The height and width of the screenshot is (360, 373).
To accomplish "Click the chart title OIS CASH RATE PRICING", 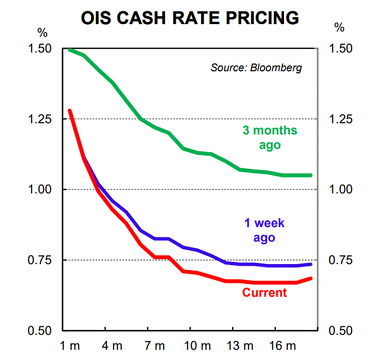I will (x=190, y=17).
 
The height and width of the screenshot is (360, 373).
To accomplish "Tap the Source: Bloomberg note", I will (x=256, y=68).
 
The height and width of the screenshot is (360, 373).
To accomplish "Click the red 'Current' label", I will (x=265, y=292).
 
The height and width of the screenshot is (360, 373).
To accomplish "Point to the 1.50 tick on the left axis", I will (x=39, y=49).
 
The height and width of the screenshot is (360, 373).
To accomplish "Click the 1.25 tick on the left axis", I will (x=39, y=119).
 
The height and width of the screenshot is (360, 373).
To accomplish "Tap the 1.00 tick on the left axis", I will (x=39, y=190).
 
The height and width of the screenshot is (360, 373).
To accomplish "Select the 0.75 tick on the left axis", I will (x=39, y=260).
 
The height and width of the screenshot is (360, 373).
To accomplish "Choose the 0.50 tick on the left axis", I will (x=39, y=331).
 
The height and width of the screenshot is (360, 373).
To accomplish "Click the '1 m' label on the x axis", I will (x=70, y=346).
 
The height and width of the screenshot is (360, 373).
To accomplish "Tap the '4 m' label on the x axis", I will (x=112, y=346).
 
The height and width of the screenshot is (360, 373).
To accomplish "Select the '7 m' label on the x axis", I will (x=154, y=346).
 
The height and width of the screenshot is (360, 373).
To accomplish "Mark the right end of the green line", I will (x=311, y=175).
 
